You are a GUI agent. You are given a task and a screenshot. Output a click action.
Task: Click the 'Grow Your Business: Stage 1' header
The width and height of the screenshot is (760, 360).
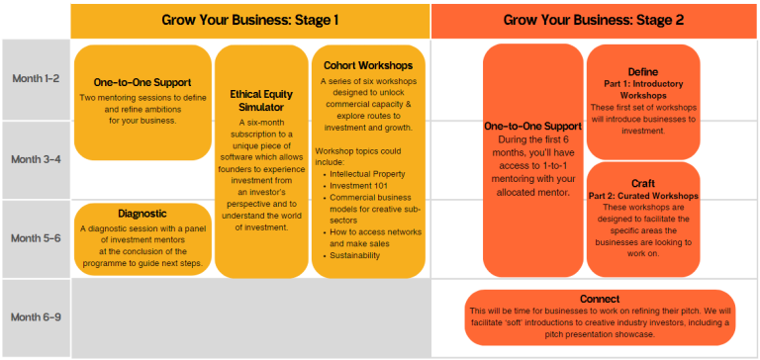click(x=250, y=20)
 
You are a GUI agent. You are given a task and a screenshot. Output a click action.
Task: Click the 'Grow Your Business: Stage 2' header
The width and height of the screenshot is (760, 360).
click(x=594, y=20)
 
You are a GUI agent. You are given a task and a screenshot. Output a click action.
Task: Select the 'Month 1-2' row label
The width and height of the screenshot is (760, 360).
click(x=36, y=78)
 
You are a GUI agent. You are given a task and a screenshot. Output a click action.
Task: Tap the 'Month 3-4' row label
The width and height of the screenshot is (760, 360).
click(x=36, y=158)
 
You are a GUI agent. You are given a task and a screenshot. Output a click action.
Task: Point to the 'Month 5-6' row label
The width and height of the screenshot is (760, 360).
click(x=36, y=238)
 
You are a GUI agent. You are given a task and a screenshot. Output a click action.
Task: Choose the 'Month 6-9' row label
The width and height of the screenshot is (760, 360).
click(x=36, y=316)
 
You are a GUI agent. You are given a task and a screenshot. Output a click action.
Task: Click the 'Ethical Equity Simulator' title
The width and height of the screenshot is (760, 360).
click(x=261, y=100)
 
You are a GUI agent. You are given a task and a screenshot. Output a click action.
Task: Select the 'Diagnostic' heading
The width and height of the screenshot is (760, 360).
click(x=142, y=213)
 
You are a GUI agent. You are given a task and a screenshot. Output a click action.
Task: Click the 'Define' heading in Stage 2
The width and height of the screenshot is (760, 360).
click(x=642, y=71)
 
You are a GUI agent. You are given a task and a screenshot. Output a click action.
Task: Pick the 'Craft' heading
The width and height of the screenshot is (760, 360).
click(x=642, y=184)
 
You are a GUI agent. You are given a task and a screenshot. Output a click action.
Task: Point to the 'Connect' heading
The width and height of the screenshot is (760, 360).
click(x=600, y=299)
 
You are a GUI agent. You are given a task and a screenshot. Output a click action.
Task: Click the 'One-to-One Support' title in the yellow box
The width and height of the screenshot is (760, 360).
click(x=142, y=82)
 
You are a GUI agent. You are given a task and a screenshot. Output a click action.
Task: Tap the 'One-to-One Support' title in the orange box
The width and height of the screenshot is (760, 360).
click(x=533, y=127)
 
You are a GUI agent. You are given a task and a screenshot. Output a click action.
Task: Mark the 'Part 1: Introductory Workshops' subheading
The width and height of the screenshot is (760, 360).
click(x=642, y=89)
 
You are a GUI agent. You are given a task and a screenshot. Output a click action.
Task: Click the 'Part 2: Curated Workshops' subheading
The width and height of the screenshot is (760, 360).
click(x=642, y=196)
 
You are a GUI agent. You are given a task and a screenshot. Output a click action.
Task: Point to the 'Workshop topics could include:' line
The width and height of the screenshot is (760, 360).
click(x=358, y=154)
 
